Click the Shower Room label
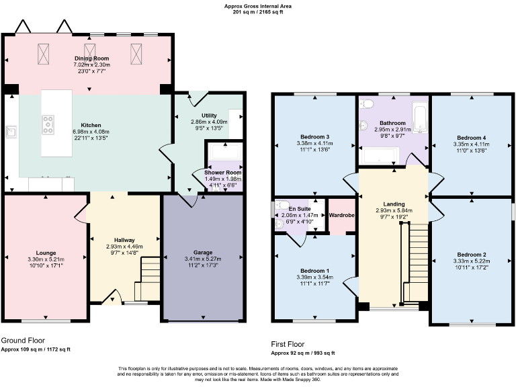222,173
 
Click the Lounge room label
46,253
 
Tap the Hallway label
124,240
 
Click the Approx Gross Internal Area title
258,6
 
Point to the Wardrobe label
342,215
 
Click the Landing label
394,203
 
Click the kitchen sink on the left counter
11,131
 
